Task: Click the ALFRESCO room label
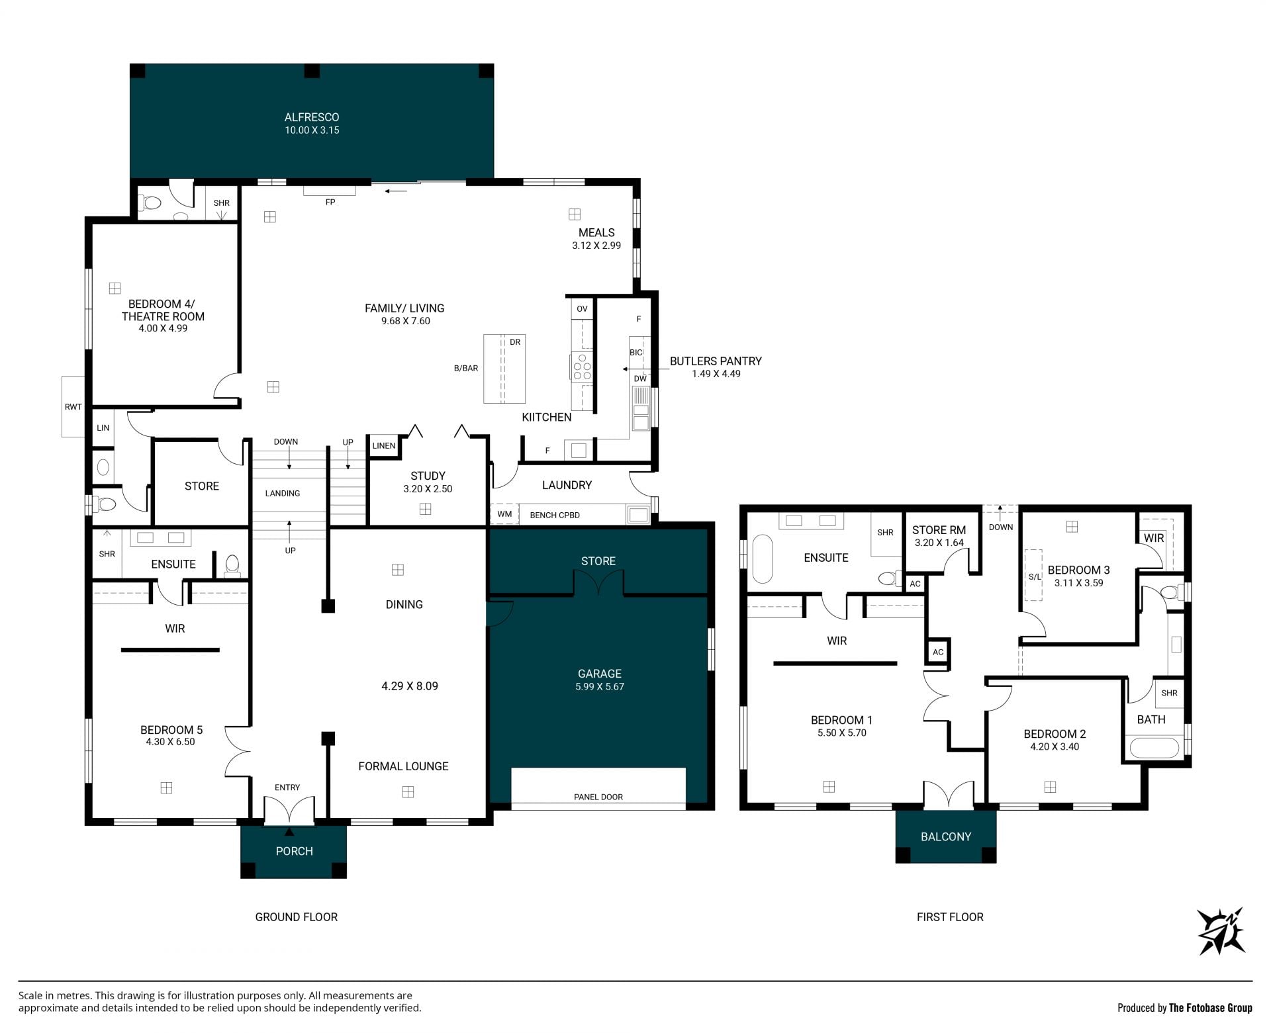[x=312, y=117]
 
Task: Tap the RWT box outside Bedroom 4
[x=73, y=406]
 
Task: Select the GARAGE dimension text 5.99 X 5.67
[x=600, y=687]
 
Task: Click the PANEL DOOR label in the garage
[x=598, y=797]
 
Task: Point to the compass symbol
[x=1221, y=931]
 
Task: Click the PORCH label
[x=294, y=851]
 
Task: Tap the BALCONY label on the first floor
[x=946, y=836]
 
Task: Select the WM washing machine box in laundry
[x=504, y=514]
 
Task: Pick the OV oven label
[x=582, y=308]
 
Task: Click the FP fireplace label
[x=330, y=202]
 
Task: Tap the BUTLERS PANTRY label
[x=716, y=361]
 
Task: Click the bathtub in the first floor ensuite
[x=763, y=559]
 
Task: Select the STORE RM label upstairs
[x=939, y=530]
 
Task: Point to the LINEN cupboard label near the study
[x=384, y=445]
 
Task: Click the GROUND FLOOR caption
[x=297, y=917]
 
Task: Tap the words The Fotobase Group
[x=1211, y=1008]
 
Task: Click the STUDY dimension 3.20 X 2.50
[x=428, y=489]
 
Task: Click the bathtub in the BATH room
[x=1154, y=748]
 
